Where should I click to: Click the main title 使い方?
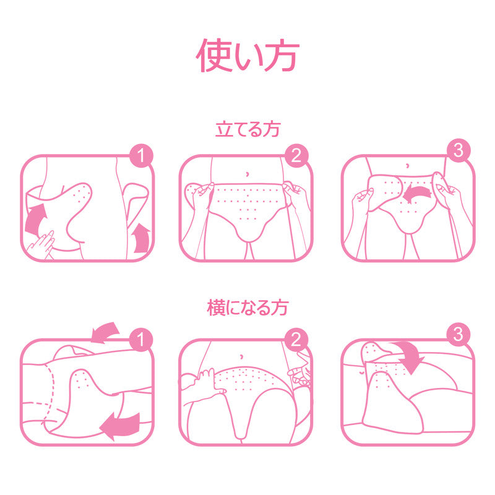pyautogui.click(x=247, y=56)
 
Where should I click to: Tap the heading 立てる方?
pyautogui.click(x=248, y=129)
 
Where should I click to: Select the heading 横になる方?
pyautogui.click(x=248, y=308)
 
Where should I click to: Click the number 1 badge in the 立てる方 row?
pyautogui.click(x=141, y=156)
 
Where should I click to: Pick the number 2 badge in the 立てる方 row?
pyautogui.click(x=296, y=155)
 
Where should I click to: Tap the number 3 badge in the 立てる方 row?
pyautogui.click(x=458, y=150)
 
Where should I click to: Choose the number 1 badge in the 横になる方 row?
pyautogui.click(x=141, y=340)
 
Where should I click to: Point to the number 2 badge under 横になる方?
pyautogui.click(x=296, y=340)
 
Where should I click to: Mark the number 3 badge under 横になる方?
pyautogui.click(x=458, y=334)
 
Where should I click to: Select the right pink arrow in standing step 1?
pyautogui.click(x=141, y=238)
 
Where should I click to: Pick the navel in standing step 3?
pyautogui.click(x=408, y=165)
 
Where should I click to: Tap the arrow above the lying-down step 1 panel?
pyautogui.click(x=105, y=333)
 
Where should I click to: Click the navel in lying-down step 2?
pyautogui.click(x=241, y=356)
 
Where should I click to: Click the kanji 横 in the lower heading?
pyautogui.click(x=216, y=308)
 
